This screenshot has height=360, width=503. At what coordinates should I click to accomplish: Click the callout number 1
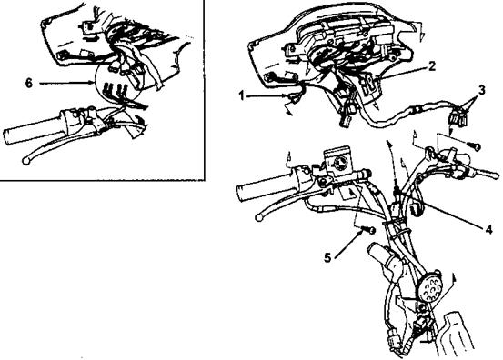(x=243, y=95)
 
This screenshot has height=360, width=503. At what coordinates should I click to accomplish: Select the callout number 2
(x=432, y=66)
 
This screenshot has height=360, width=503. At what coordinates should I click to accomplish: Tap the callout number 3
(x=481, y=90)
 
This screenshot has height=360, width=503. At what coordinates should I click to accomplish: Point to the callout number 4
(x=488, y=229)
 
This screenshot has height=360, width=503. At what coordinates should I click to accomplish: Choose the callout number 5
(x=327, y=257)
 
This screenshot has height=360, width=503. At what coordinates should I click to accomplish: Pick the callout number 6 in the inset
(x=29, y=84)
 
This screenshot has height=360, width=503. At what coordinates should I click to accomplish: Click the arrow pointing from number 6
(x=67, y=84)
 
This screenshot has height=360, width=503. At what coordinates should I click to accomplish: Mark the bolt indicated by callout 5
(x=369, y=230)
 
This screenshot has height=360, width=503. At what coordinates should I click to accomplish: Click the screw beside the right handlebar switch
(x=474, y=145)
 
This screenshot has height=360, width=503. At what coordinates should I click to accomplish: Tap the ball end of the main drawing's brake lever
(x=258, y=217)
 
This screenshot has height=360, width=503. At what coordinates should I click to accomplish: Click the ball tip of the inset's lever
(x=25, y=161)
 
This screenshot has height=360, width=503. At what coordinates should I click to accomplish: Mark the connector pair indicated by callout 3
(x=457, y=116)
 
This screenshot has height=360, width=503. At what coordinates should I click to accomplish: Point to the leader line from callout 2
(x=402, y=73)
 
